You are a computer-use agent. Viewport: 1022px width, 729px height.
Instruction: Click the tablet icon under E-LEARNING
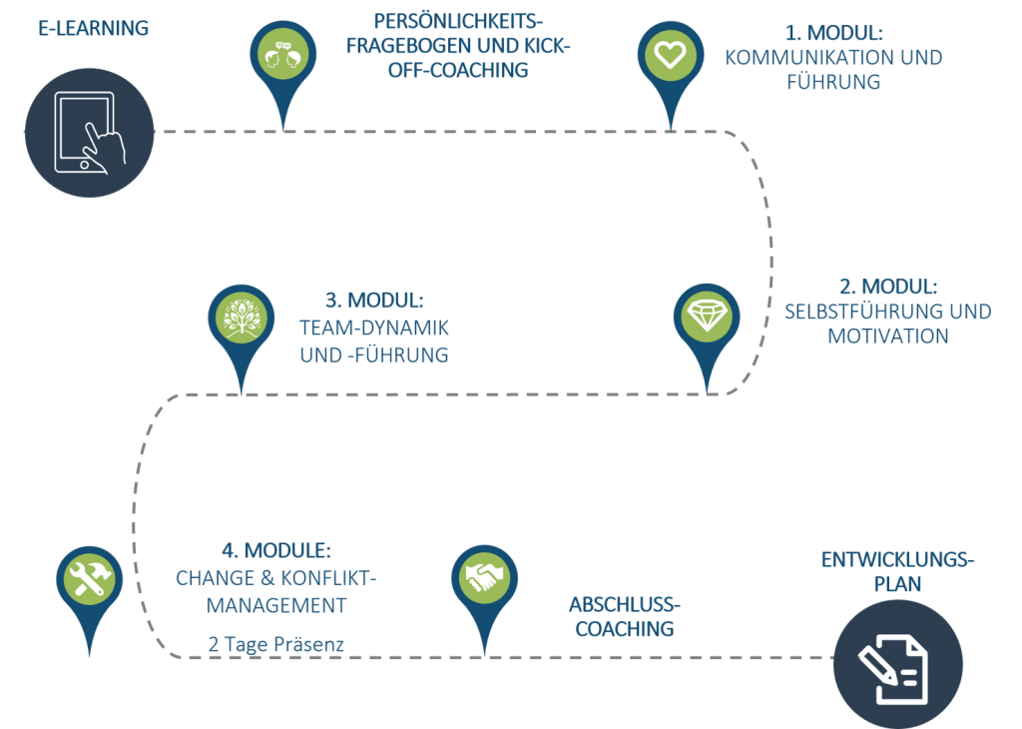pos(89,134)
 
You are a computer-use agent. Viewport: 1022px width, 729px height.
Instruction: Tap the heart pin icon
pos(670,55)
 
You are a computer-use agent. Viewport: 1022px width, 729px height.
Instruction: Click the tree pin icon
pos(240,319)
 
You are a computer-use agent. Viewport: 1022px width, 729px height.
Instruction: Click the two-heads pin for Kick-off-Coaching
pos(282,55)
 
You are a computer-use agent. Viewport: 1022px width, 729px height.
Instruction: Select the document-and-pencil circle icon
pos(897,664)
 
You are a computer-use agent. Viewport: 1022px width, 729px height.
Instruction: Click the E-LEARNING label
pos(94,28)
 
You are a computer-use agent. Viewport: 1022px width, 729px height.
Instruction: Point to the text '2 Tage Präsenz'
pos(276,645)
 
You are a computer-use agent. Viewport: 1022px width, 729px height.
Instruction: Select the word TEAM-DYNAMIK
pos(374,327)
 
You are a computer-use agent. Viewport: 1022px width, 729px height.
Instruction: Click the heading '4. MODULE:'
pos(275,551)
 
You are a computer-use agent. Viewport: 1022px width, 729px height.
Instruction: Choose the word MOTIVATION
pos(887,337)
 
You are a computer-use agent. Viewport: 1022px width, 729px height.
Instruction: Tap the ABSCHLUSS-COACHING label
pos(623,617)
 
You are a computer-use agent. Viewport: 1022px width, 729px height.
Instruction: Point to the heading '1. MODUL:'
pos(833,32)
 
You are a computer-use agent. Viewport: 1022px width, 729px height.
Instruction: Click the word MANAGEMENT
pos(276,605)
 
